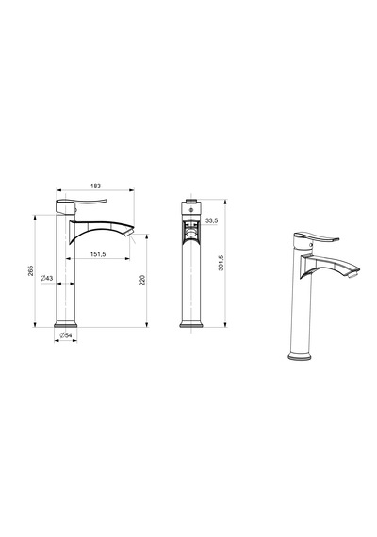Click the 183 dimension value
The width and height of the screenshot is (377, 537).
95,186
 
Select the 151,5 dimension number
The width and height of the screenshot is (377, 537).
98,254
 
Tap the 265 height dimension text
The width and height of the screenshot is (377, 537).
31,270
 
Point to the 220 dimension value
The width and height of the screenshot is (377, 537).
143,280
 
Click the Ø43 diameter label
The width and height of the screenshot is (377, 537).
46,278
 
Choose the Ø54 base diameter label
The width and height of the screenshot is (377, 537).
66,335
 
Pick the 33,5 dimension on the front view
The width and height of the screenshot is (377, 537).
211,220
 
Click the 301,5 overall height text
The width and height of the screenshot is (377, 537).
221,263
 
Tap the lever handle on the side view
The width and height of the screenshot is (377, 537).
82,201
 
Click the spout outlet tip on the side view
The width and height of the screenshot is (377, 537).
129,233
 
